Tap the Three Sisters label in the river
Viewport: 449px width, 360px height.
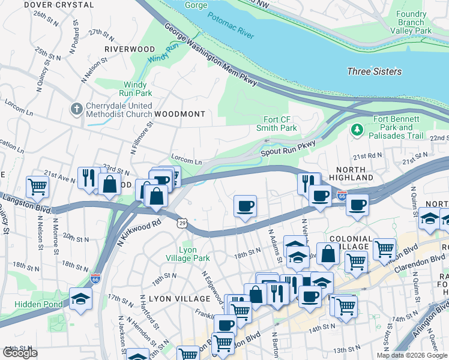374,71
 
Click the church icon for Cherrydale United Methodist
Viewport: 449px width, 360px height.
76,109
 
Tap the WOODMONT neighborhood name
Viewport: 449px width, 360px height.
179,113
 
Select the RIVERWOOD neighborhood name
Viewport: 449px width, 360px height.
129,49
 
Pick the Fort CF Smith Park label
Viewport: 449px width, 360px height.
277,124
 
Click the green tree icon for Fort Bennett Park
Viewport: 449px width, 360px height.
357,129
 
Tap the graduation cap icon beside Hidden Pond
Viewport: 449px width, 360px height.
80,297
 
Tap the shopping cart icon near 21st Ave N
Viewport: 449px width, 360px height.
37,185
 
